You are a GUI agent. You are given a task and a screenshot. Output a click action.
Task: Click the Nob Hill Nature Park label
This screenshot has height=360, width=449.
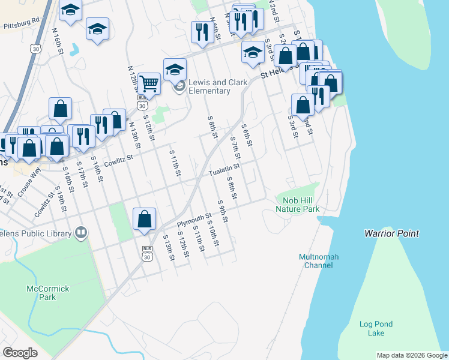(297, 205)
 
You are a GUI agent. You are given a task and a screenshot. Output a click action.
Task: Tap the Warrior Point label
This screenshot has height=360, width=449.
(391, 233)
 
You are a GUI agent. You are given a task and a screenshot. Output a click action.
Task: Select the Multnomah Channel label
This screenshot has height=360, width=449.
(319, 261)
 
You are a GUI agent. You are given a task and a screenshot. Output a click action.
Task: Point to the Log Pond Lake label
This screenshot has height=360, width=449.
(376, 328)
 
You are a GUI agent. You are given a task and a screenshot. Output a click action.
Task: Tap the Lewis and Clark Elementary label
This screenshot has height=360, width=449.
(209, 86)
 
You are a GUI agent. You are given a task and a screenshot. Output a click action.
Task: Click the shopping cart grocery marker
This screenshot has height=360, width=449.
(148, 83)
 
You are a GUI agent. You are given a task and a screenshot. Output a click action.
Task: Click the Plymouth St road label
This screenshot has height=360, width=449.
(194, 220)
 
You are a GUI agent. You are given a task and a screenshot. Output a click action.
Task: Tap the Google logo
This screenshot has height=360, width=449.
(20, 352)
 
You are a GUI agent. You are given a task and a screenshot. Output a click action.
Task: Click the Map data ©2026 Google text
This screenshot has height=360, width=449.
(411, 355)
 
